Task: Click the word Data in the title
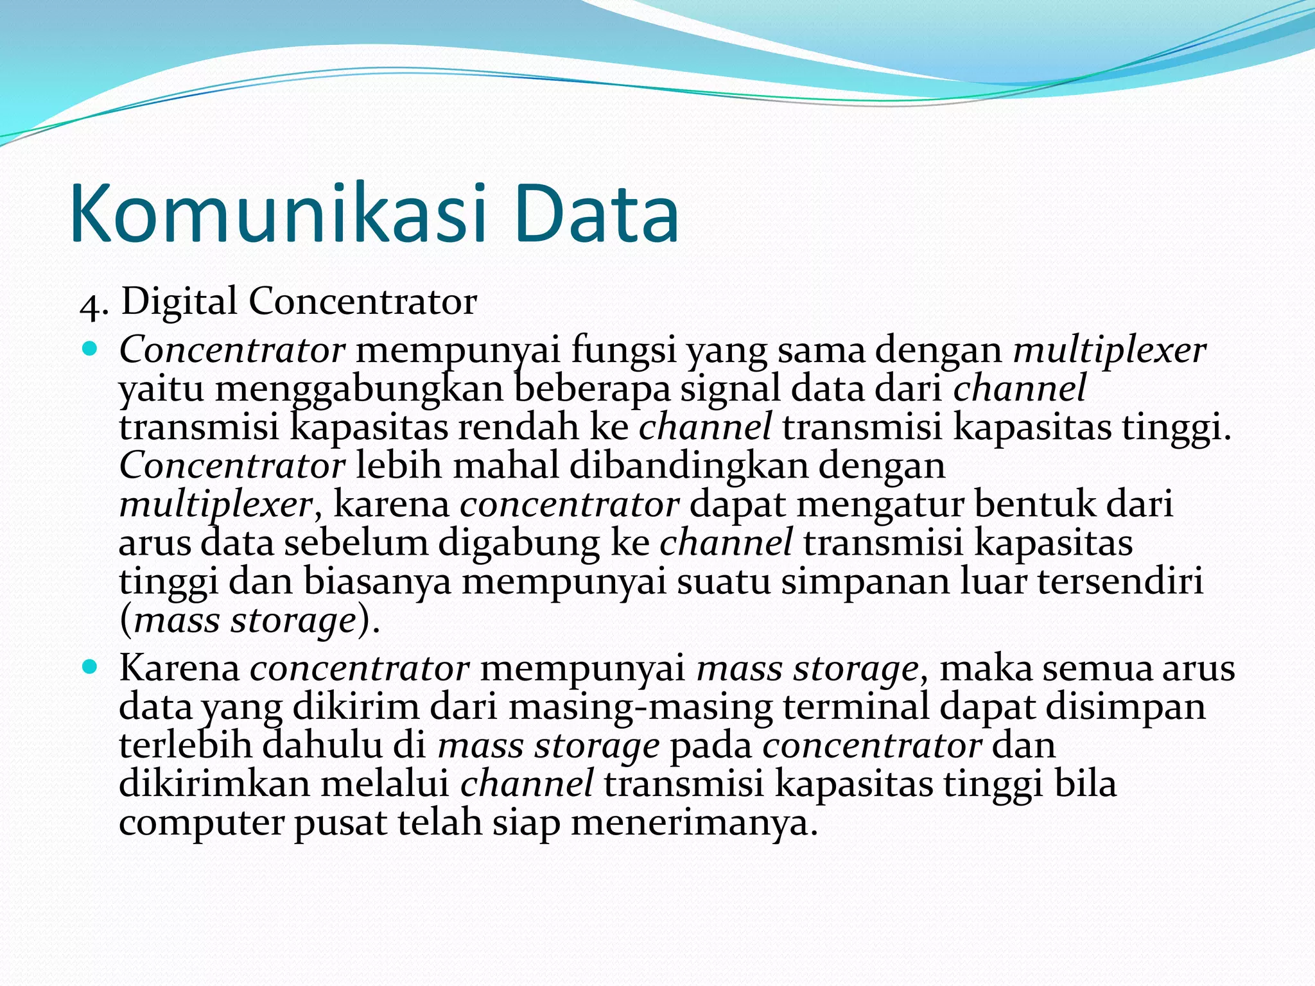coord(596,214)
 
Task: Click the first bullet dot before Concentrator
coord(89,350)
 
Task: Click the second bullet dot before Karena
coord(89,668)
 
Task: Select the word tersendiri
coord(1120,582)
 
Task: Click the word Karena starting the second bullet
coord(179,668)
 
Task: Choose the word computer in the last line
coord(201,824)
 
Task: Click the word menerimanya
coord(694,823)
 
